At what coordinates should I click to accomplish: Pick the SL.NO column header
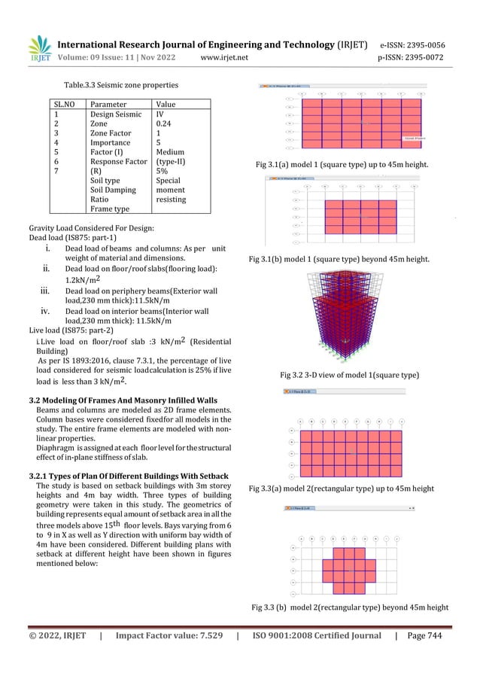pos(65,104)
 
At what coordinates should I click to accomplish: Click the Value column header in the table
pos(166,104)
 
